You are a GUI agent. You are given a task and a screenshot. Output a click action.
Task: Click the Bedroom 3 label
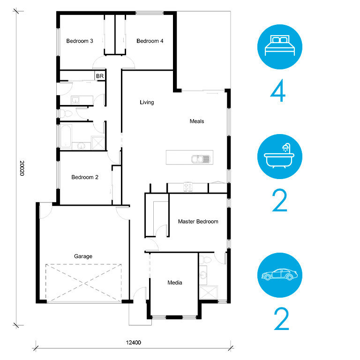[x=80, y=41]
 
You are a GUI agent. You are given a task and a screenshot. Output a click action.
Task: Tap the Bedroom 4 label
[x=150, y=41]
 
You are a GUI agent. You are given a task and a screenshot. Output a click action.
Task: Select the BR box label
[x=100, y=76]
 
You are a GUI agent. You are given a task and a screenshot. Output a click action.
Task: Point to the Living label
[x=147, y=102]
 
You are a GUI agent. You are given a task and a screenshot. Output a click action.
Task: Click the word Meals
[x=197, y=121]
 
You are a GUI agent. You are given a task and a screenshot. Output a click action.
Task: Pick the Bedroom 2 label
[x=85, y=177]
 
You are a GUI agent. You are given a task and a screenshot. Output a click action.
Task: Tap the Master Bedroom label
[x=198, y=222]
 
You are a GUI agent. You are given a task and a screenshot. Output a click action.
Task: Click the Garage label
[x=83, y=256]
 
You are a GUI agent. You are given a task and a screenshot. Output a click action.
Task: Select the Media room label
[x=175, y=283]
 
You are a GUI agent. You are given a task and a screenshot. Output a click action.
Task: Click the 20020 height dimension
[x=22, y=168]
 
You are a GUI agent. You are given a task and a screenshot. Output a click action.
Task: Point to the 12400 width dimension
[x=134, y=343]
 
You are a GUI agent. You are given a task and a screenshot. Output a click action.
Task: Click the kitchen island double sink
[x=201, y=159]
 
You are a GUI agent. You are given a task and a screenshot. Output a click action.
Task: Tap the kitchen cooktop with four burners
[x=188, y=187]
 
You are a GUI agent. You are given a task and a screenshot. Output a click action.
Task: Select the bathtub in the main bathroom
[x=66, y=136]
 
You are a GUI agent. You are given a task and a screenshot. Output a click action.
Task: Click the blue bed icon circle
[x=280, y=47]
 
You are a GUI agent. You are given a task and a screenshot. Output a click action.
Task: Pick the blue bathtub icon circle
[x=280, y=157]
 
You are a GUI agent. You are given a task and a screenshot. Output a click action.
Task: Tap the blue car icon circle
[x=280, y=275]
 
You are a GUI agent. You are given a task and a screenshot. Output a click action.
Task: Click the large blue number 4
[x=278, y=90]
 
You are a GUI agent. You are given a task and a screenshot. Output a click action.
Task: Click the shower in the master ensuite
[x=208, y=292]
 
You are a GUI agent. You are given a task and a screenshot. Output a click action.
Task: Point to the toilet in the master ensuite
[x=205, y=260]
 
